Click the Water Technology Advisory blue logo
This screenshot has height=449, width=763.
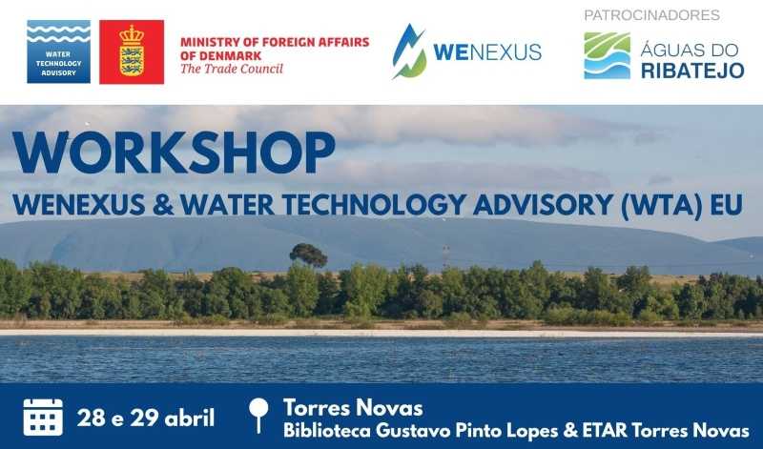click(x=58, y=51)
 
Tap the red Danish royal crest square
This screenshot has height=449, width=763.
click(x=132, y=52)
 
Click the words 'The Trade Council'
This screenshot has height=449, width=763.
click(x=232, y=69)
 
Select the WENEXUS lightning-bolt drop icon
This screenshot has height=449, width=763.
click(x=409, y=51)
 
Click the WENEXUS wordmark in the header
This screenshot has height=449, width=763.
click(x=487, y=52)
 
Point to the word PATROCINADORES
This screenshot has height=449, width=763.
click(x=651, y=15)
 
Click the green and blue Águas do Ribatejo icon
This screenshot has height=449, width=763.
click(x=607, y=55)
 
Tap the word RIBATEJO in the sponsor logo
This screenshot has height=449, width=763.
click(x=692, y=70)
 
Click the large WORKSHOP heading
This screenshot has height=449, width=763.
click(x=174, y=153)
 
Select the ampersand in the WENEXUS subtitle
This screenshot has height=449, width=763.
click(x=162, y=205)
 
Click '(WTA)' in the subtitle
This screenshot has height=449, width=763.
click(x=662, y=205)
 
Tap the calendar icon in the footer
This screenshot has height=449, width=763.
click(x=43, y=417)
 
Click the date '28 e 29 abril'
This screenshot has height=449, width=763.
click(x=146, y=418)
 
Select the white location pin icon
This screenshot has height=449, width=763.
click(x=258, y=415)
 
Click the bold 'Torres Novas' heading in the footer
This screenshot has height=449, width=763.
click(x=353, y=408)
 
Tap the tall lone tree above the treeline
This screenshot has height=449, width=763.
click(x=308, y=255)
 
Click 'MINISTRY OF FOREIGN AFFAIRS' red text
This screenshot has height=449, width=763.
click(x=275, y=42)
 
